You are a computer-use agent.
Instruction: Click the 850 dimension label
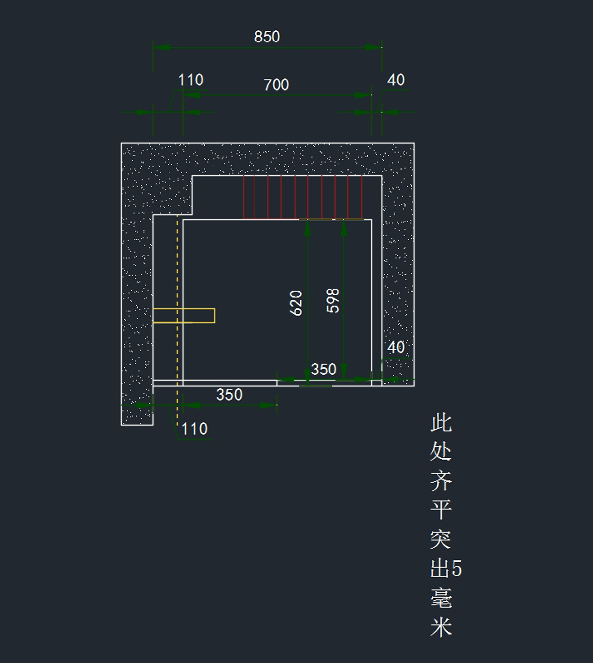click(x=267, y=37)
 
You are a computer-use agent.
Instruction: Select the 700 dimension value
click(x=276, y=85)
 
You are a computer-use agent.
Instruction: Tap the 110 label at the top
click(x=191, y=80)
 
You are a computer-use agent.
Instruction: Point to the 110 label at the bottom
click(x=194, y=429)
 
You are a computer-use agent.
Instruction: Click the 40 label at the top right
click(x=396, y=80)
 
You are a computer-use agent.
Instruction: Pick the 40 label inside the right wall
click(x=396, y=347)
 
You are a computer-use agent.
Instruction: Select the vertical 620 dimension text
click(x=296, y=303)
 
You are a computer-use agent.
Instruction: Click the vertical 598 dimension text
click(x=334, y=300)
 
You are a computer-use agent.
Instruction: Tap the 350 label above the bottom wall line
click(x=324, y=370)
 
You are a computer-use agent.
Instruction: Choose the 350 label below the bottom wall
click(x=229, y=395)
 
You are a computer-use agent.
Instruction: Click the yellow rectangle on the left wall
click(x=198, y=315)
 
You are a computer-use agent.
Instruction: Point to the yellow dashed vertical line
click(x=177, y=267)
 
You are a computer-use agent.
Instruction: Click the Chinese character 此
click(x=441, y=423)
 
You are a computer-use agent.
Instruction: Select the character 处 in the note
click(x=441, y=451)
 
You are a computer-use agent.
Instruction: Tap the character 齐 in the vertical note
click(x=441, y=480)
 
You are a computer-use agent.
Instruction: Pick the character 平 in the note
click(x=441, y=509)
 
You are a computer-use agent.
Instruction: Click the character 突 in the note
click(x=441, y=539)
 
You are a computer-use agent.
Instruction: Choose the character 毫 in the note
click(x=441, y=598)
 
